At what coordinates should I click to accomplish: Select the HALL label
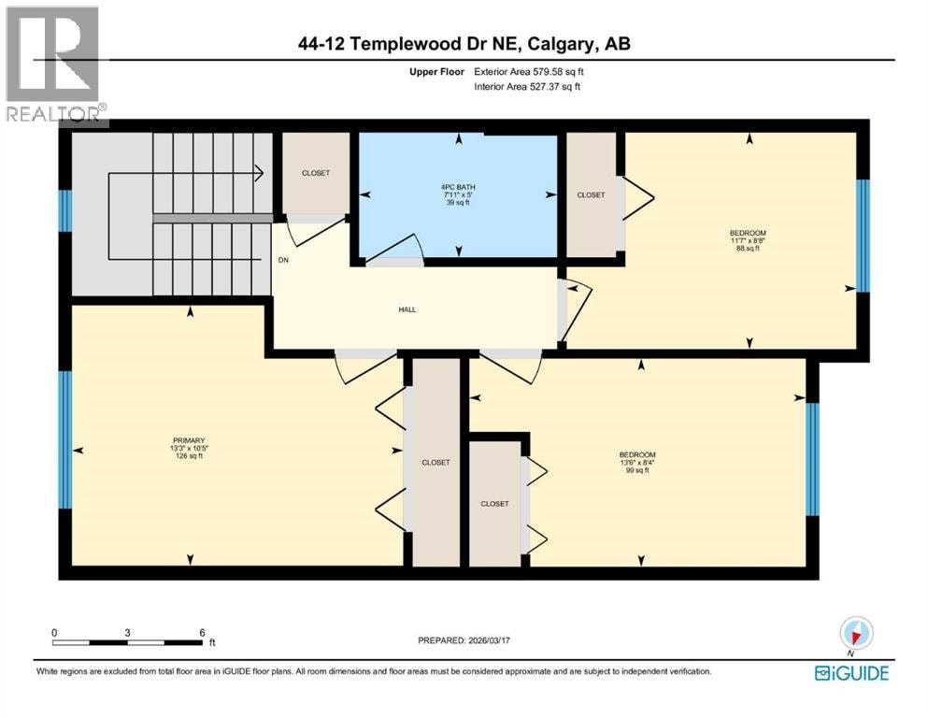click(407, 309)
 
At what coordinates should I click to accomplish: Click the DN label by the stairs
click(283, 260)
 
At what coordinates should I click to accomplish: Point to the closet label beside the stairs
click(316, 173)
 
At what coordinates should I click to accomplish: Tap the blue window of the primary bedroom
click(65, 439)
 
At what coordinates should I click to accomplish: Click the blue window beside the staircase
click(65, 210)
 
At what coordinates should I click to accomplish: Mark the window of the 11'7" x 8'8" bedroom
click(863, 236)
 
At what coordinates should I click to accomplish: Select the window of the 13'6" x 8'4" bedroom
click(813, 459)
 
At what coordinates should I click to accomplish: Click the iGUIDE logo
click(851, 673)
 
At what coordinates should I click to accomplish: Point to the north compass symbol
click(856, 634)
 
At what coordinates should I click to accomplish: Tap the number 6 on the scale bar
click(202, 633)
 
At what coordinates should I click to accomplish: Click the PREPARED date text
click(464, 640)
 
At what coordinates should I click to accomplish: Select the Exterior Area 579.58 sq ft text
click(529, 72)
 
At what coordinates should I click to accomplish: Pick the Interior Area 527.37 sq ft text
click(527, 86)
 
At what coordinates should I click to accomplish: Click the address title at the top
click(464, 43)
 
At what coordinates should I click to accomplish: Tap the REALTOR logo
click(54, 65)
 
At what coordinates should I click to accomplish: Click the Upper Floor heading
click(436, 72)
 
